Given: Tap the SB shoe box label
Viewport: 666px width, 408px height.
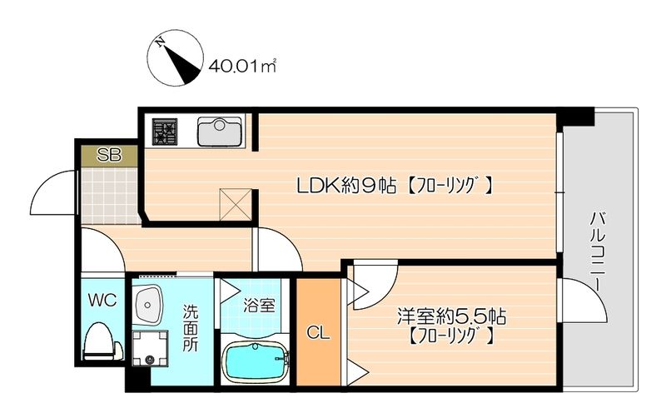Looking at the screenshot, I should coord(107,154).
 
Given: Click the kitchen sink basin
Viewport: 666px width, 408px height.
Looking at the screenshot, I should coord(220,132).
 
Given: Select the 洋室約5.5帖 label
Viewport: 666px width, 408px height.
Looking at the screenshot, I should coord(452,317).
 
